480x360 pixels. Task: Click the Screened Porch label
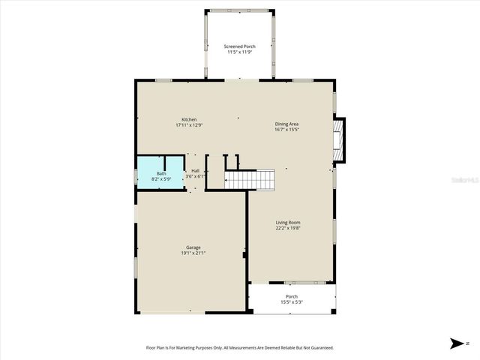239,46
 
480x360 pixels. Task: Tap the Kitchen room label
189,120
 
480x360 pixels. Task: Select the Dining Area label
287,124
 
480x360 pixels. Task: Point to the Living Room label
288,222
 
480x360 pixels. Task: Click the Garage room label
193,247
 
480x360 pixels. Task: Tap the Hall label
195,171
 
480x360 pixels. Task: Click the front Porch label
291,297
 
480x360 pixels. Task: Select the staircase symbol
250,180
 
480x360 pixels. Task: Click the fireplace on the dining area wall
339,140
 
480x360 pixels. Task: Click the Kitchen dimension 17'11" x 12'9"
189,126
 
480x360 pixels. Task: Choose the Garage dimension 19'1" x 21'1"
193,253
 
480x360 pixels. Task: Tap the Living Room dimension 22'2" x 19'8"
288,228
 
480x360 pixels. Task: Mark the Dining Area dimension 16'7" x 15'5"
287,130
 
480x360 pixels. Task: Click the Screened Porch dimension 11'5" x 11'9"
239,52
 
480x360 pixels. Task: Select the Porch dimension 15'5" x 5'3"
291,303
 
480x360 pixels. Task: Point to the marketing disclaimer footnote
239,348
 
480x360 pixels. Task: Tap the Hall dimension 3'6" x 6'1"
195,177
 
